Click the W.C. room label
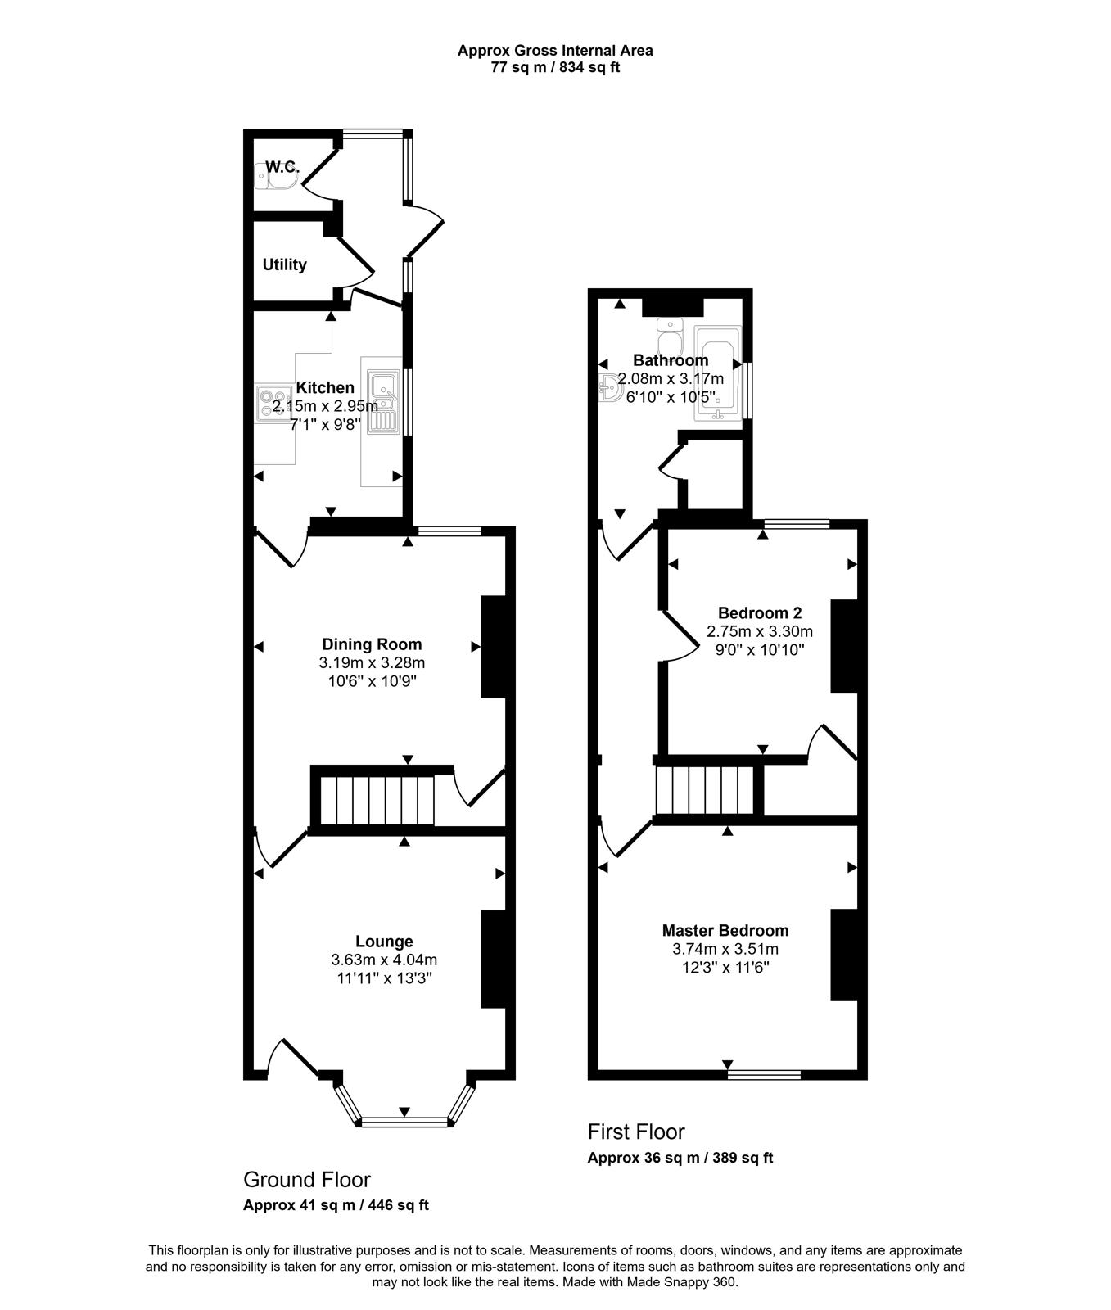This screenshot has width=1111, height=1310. click(x=282, y=167)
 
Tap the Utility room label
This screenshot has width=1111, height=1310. click(x=285, y=264)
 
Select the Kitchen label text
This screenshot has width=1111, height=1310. click(x=325, y=388)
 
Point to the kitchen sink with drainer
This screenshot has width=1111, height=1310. click(x=382, y=402)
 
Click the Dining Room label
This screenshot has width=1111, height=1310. click(x=372, y=644)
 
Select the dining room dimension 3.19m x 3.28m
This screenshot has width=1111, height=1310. click(x=373, y=663)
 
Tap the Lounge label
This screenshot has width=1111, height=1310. click(x=384, y=942)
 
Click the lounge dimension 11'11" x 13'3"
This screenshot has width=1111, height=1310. click(x=384, y=978)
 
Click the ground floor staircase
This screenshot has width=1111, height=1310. click(x=376, y=800)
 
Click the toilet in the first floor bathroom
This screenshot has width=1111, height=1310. click(x=670, y=336)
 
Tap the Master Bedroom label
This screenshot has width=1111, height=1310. click(x=725, y=930)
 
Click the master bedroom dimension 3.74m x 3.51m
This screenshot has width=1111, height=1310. click(x=725, y=950)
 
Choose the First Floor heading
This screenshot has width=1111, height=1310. click(x=636, y=1132)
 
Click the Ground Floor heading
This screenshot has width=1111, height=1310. click(x=307, y=1179)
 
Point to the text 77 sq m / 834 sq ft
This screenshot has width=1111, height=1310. click(x=555, y=67)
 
